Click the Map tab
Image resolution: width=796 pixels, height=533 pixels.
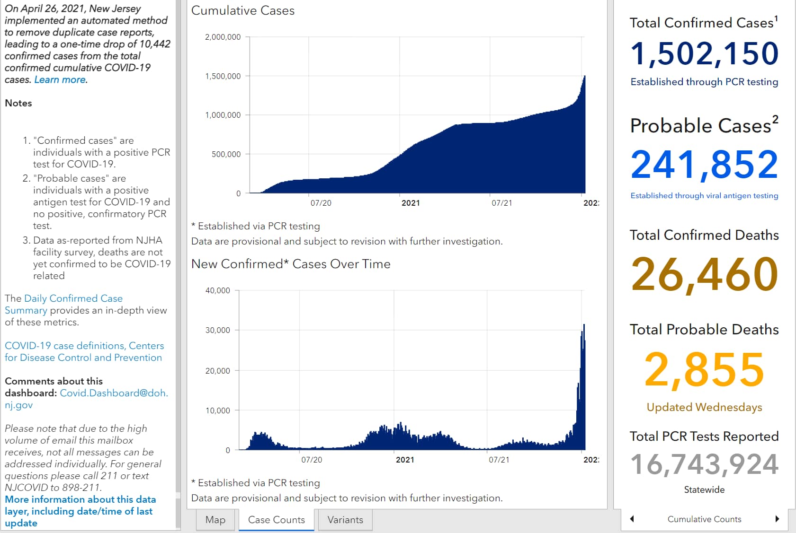click(x=215, y=520)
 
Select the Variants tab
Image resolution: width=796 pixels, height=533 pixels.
click(x=345, y=520)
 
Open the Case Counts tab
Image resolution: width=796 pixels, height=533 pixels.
click(x=277, y=520)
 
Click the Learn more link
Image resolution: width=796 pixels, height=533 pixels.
click(x=60, y=79)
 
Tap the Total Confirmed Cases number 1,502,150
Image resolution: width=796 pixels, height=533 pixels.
click(x=704, y=54)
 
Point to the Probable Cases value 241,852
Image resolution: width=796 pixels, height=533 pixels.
click(x=704, y=165)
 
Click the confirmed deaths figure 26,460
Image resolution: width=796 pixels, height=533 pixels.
click(x=704, y=274)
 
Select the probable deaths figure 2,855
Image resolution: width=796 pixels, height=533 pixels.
click(x=704, y=370)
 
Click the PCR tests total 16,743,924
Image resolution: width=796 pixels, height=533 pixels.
click(x=704, y=464)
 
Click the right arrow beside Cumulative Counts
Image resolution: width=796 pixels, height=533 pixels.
click(x=777, y=519)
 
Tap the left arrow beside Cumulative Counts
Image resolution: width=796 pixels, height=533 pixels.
click(x=632, y=519)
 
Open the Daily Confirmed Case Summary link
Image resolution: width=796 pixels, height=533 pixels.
click(x=63, y=304)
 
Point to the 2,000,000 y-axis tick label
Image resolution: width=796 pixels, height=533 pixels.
click(x=223, y=37)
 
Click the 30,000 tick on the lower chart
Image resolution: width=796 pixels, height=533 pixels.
click(x=217, y=330)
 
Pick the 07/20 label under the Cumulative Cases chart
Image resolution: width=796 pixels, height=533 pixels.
click(x=321, y=203)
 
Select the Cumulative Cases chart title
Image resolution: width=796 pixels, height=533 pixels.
click(x=243, y=11)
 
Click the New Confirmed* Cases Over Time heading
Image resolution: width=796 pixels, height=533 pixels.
click(x=291, y=264)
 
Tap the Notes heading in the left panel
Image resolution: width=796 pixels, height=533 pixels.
click(x=18, y=103)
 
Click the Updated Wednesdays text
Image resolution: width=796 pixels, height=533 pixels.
click(x=704, y=407)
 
